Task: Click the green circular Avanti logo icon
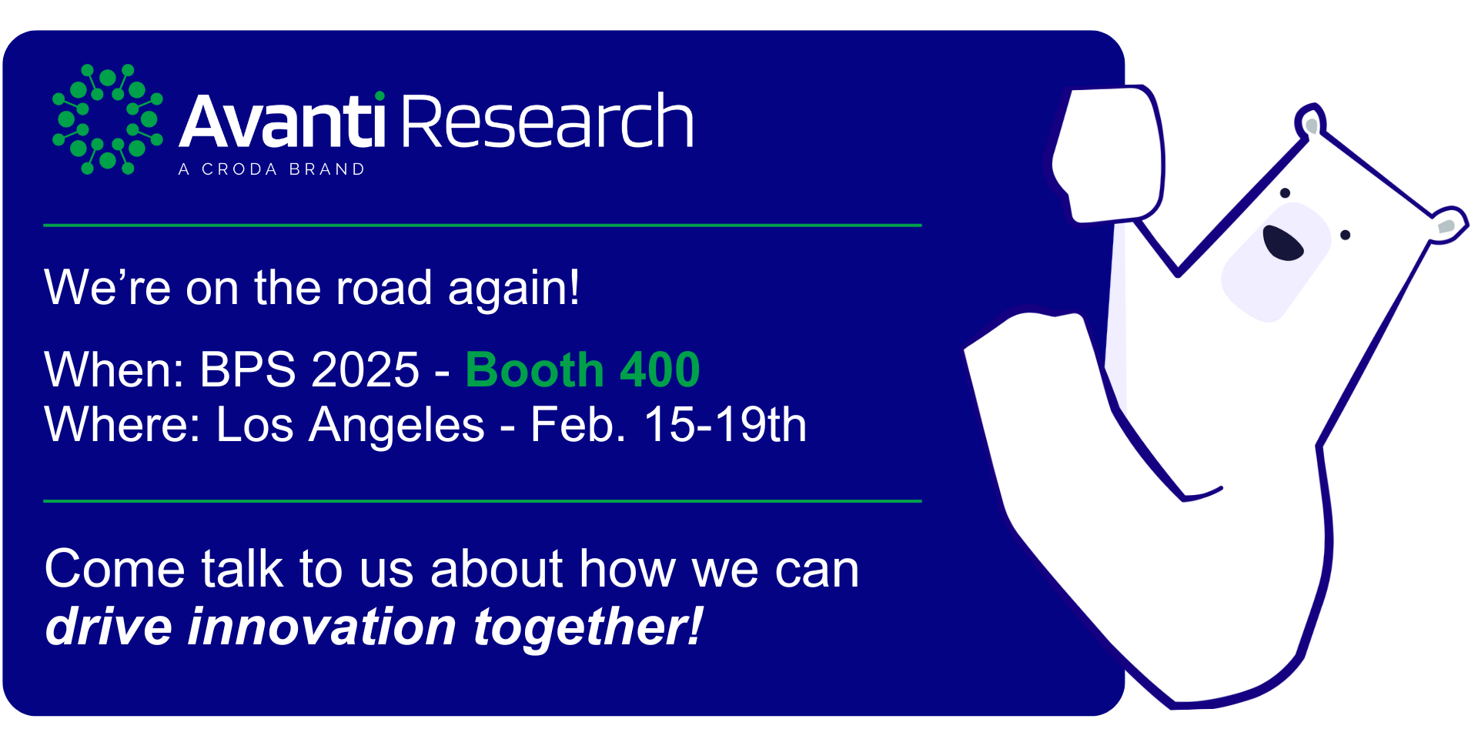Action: point(108,119)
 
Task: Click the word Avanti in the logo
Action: point(282,120)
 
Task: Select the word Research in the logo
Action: point(547,120)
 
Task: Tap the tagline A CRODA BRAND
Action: point(272,169)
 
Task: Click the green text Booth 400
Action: point(583,369)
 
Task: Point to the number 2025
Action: point(366,369)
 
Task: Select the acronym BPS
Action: point(248,369)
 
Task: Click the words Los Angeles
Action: point(350,426)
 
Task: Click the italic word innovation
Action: point(323,626)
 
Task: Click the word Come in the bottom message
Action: point(115,570)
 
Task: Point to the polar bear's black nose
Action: point(1282,243)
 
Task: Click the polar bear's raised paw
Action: point(1108,154)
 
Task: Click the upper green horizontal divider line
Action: point(483,226)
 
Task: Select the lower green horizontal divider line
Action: point(483,501)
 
